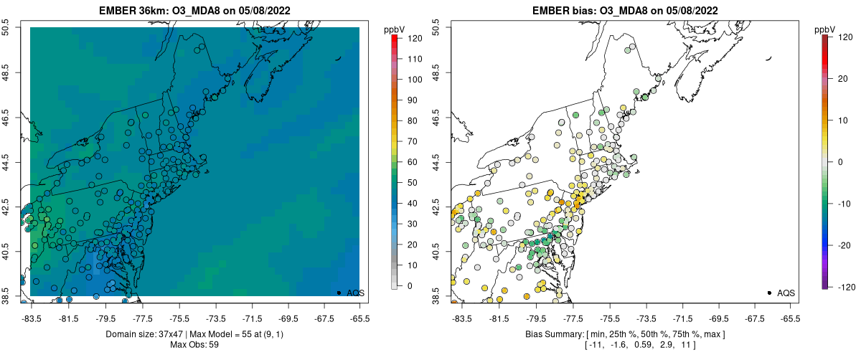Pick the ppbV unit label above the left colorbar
coord(394,29)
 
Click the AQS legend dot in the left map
coord(339,293)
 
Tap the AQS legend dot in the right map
coord(769,293)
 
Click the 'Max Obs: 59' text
coord(194,345)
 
